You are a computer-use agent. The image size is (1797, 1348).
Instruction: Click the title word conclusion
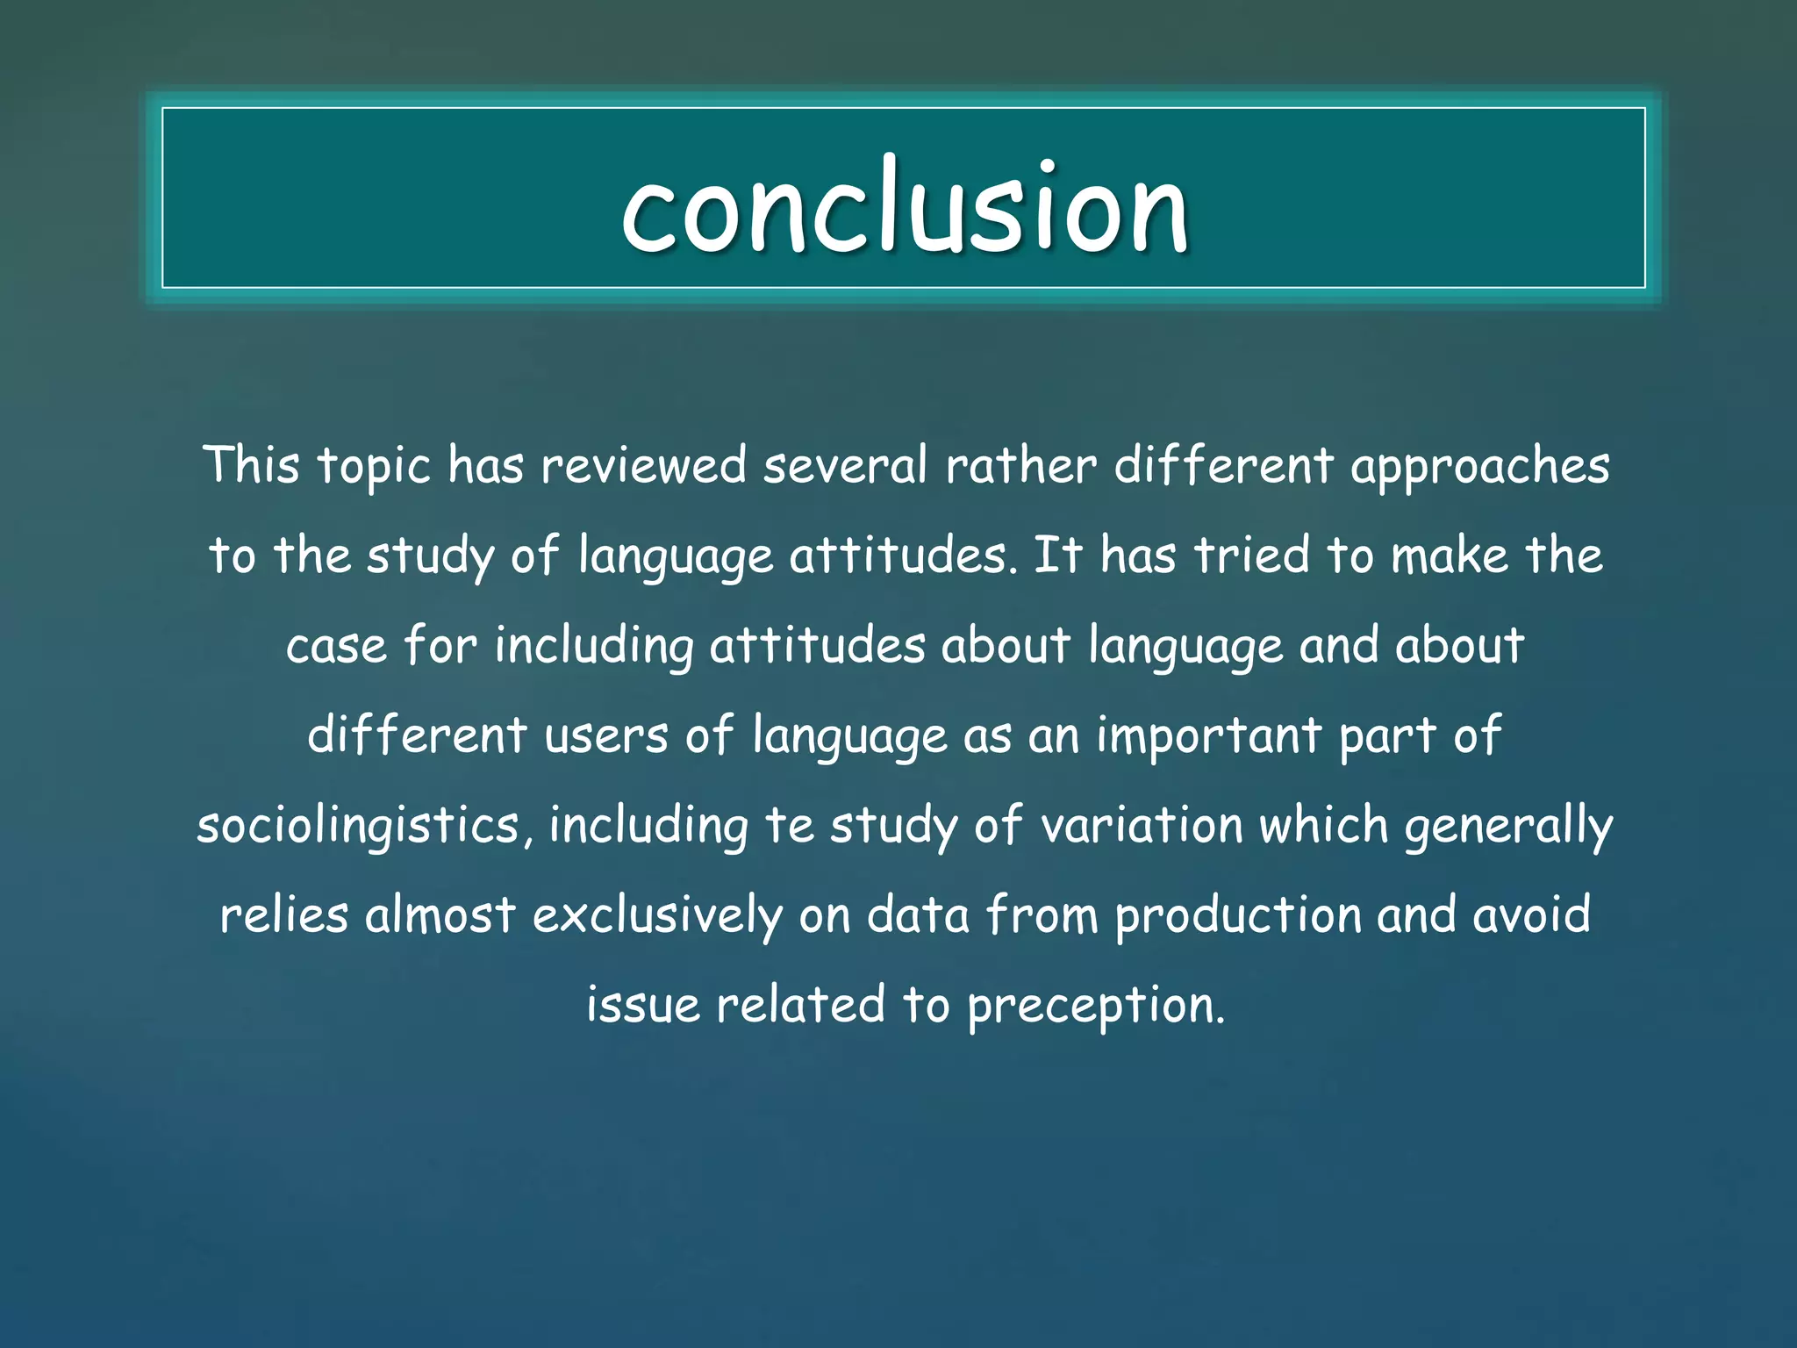[x=904, y=209]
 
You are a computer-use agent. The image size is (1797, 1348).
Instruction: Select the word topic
[x=374, y=467]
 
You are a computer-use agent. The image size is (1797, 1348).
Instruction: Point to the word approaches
[x=1479, y=467]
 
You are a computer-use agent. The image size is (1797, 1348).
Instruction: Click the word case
[x=336, y=646]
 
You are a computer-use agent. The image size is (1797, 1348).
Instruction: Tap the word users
[x=606, y=735]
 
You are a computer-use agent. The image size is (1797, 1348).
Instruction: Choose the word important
[x=1208, y=735]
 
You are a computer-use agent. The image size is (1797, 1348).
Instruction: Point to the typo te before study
[x=790, y=827]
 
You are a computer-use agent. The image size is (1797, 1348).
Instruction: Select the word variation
[x=1142, y=827]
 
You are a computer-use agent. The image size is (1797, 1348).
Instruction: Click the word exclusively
[x=657, y=916]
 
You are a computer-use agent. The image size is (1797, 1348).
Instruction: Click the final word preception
[x=1096, y=1006]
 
